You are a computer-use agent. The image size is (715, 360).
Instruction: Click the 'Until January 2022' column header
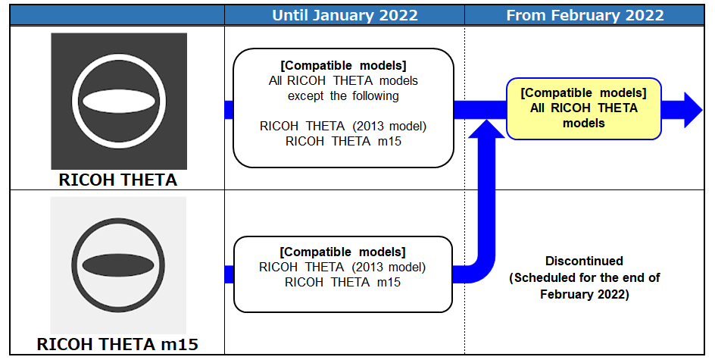click(x=345, y=15)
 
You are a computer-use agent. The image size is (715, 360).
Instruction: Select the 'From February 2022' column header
click(x=585, y=15)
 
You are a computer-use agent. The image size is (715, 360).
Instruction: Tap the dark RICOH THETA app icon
click(x=119, y=101)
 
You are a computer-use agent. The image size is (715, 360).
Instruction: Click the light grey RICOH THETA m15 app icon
click(x=118, y=265)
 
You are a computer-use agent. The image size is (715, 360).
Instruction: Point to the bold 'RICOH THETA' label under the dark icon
click(x=118, y=180)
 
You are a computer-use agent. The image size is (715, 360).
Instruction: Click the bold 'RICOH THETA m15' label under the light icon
click(x=117, y=344)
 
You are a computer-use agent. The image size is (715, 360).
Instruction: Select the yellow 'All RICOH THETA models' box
click(x=584, y=108)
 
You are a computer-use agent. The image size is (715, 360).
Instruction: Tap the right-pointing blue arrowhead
click(x=693, y=109)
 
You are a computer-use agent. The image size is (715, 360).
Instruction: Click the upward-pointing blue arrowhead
click(x=486, y=129)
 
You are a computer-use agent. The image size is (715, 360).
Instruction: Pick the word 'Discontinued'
click(x=584, y=261)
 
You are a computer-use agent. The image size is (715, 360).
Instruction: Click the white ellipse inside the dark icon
click(x=119, y=101)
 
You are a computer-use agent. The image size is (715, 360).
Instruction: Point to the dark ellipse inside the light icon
click(x=118, y=265)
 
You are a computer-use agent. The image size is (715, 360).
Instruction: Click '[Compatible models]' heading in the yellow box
click(x=584, y=92)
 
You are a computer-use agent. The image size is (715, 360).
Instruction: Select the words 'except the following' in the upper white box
click(x=343, y=95)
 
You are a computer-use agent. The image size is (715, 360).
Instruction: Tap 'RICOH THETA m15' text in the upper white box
click(x=343, y=141)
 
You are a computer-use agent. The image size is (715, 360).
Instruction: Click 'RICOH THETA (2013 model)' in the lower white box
click(x=342, y=267)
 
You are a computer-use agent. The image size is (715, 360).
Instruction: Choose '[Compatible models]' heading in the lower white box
click(x=342, y=252)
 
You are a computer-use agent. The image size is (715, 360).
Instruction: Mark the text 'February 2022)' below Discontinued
click(x=585, y=294)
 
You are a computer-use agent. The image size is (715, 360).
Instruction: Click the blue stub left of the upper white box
click(x=229, y=110)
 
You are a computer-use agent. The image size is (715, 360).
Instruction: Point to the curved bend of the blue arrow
click(x=483, y=271)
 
